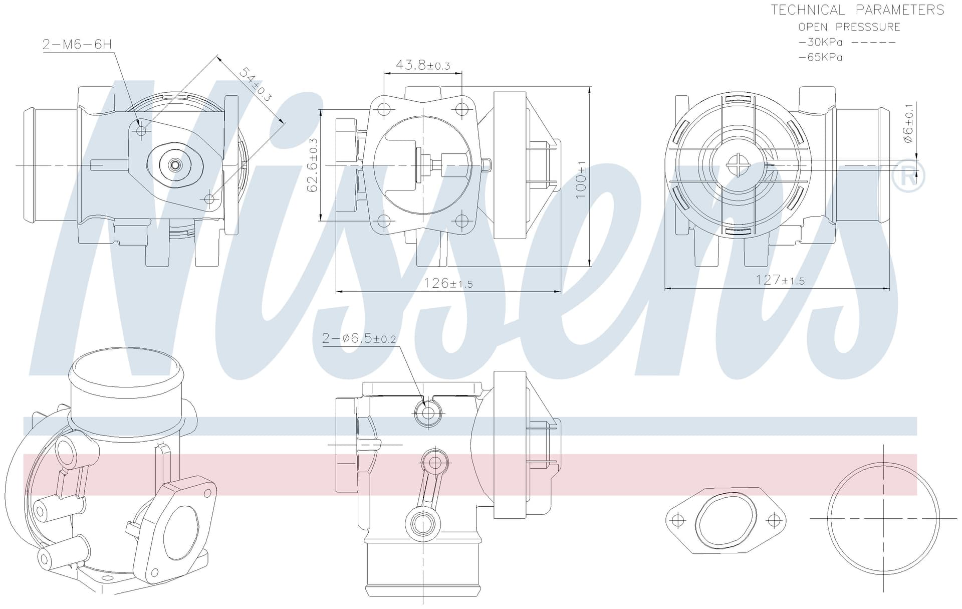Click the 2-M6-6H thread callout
click(x=77, y=44)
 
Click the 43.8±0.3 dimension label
click(x=423, y=65)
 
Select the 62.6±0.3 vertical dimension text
click(x=313, y=165)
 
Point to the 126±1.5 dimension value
click(x=448, y=283)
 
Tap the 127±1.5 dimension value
click(x=780, y=280)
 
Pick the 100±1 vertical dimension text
click(x=581, y=179)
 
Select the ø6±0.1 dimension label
click(x=908, y=123)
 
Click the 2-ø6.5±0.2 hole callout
click(x=359, y=338)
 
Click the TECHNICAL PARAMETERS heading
click(x=857, y=10)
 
